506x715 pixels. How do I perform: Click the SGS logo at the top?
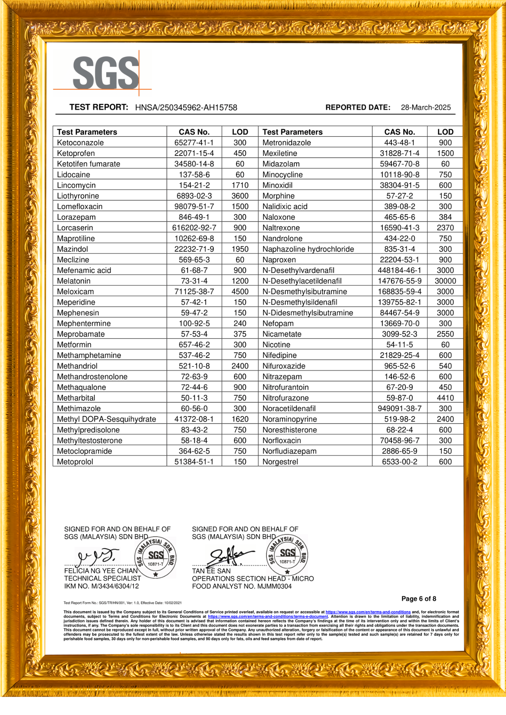pyautogui.click(x=106, y=73)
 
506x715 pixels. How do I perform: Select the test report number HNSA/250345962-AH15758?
pyautogui.click(x=186, y=108)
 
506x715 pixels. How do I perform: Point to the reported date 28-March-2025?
pyautogui.click(x=425, y=107)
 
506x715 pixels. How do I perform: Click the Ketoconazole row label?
pyautogui.click(x=80, y=143)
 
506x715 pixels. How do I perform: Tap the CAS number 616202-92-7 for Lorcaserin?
pyautogui.click(x=194, y=228)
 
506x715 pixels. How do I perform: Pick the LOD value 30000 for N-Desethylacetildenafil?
pyautogui.click(x=445, y=281)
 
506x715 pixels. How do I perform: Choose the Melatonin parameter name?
pyautogui.click(x=74, y=281)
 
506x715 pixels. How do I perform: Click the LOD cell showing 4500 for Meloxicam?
pyautogui.click(x=240, y=292)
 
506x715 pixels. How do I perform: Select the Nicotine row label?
pyautogui.click(x=276, y=345)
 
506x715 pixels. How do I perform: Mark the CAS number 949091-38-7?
pyautogui.click(x=399, y=409)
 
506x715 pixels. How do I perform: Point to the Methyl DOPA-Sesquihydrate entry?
pyautogui.click(x=106, y=419)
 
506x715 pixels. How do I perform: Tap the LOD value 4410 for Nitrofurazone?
pyautogui.click(x=445, y=398)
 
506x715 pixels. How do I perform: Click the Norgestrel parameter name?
pyautogui.click(x=280, y=462)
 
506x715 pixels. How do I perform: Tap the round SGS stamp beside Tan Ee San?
pyautogui.click(x=287, y=555)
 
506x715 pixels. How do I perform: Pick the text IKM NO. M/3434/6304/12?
pyautogui.click(x=101, y=586)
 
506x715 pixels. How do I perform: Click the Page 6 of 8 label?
pyautogui.click(x=419, y=599)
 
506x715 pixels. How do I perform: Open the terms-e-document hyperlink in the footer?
pyautogui.click(x=268, y=616)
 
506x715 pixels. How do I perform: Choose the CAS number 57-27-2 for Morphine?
pyautogui.click(x=399, y=196)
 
